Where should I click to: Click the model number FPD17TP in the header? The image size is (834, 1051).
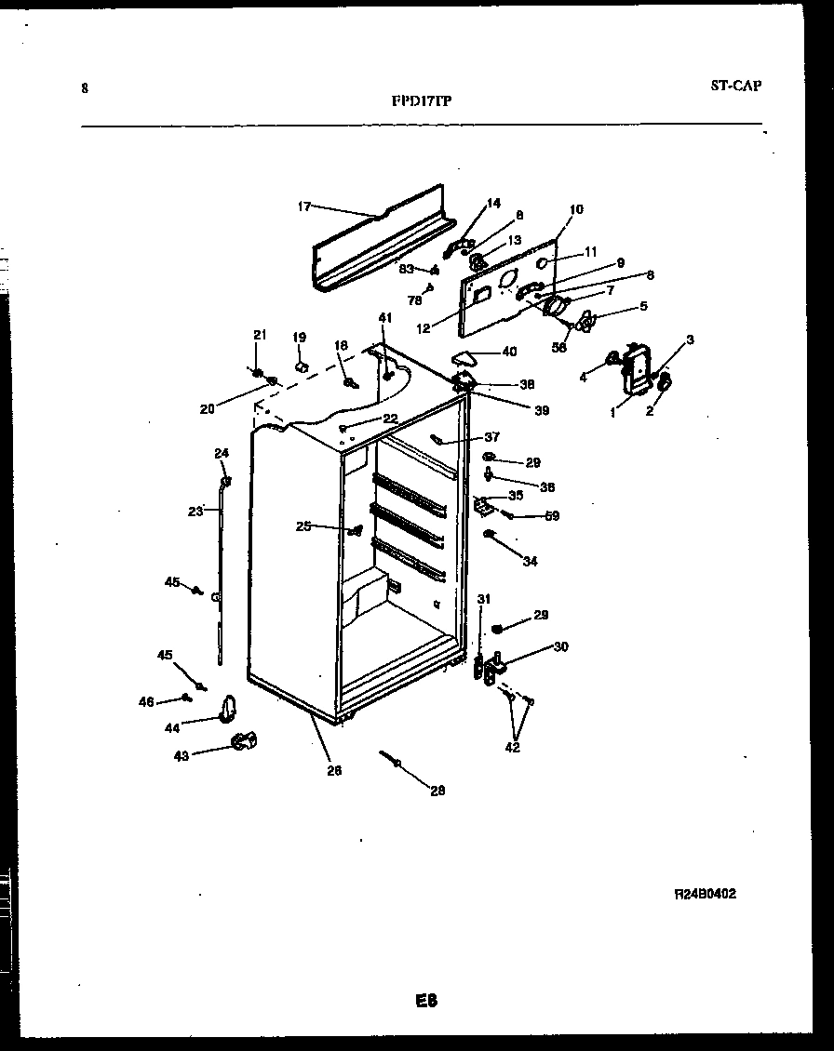pyautogui.click(x=422, y=101)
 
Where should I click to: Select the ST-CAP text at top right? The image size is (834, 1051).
pyautogui.click(x=735, y=86)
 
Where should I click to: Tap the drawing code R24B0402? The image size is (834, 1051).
pyautogui.click(x=710, y=894)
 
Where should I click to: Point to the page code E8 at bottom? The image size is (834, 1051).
pyautogui.click(x=426, y=1001)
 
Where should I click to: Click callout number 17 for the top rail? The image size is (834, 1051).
pyautogui.click(x=303, y=206)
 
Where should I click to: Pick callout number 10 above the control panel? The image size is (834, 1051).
pyautogui.click(x=576, y=209)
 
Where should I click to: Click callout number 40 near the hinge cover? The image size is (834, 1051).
pyautogui.click(x=509, y=352)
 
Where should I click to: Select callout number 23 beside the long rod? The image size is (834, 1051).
pyautogui.click(x=195, y=511)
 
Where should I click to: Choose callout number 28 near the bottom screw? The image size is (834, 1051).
pyautogui.click(x=437, y=791)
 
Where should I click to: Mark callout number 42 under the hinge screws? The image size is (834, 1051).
pyautogui.click(x=513, y=747)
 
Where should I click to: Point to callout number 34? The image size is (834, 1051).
pyautogui.click(x=530, y=561)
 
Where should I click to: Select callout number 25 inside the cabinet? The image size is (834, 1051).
pyautogui.click(x=303, y=526)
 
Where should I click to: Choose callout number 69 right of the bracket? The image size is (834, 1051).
pyautogui.click(x=552, y=515)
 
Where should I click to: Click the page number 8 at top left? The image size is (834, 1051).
pyautogui.click(x=85, y=89)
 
